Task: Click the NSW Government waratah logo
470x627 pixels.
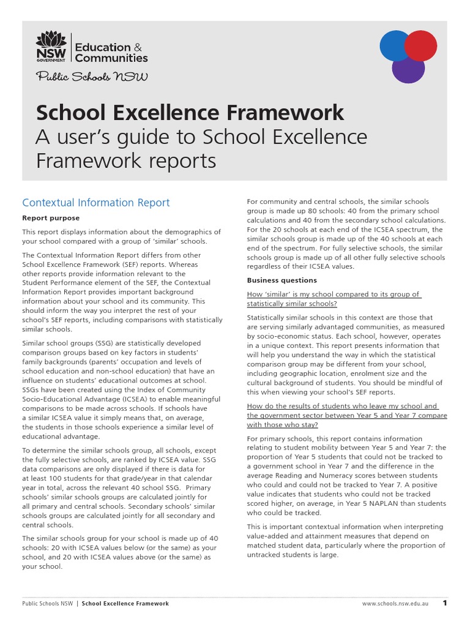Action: (52, 47)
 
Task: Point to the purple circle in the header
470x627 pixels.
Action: (408, 67)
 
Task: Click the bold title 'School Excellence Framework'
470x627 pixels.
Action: (190, 113)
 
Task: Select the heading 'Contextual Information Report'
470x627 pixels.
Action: (96, 203)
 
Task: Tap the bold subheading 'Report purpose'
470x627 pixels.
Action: (51, 218)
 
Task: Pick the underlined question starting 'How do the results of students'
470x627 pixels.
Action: (346, 415)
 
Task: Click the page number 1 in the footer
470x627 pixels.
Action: (445, 603)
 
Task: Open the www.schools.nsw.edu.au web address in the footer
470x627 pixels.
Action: (397, 604)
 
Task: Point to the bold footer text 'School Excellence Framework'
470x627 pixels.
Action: (125, 604)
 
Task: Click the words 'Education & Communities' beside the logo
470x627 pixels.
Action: (111, 53)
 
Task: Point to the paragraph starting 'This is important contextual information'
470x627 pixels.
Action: (346, 541)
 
